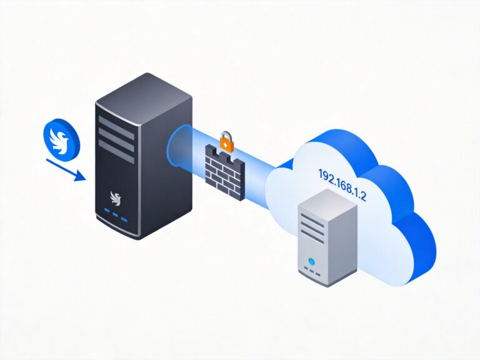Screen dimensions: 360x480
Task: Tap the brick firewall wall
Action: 223,168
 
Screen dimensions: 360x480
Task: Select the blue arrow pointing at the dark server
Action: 65,169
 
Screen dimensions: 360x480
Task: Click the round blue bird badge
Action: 61,138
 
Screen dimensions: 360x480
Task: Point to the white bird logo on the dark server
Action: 115,198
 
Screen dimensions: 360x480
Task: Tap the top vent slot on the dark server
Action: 115,121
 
